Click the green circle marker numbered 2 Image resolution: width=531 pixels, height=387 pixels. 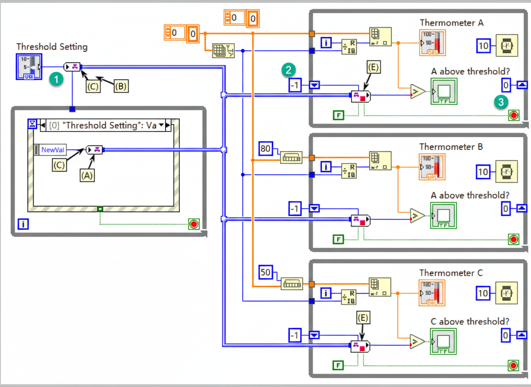pos(289,69)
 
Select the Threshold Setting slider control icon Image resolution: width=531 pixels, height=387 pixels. pos(28,67)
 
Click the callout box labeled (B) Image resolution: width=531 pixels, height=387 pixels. pos(121,86)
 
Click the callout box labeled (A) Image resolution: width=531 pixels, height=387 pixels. pos(87,176)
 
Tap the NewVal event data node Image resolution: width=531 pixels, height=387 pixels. pos(52,150)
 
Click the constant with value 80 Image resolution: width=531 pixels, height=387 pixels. pos(266,148)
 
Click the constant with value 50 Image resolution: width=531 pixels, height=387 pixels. pos(266,272)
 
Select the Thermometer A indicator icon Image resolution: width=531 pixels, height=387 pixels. pos(432,43)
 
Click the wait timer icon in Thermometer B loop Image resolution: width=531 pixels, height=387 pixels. pos(506,172)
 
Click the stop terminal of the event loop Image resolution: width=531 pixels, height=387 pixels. pos(194,224)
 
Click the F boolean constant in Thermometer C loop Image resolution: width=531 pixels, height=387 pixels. pos(339,365)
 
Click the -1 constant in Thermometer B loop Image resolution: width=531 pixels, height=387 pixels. pos(295,208)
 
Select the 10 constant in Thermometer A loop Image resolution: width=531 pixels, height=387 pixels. pos(483,46)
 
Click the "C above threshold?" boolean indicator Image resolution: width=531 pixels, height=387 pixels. pos(443,341)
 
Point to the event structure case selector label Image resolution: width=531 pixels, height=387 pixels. pos(103,125)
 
